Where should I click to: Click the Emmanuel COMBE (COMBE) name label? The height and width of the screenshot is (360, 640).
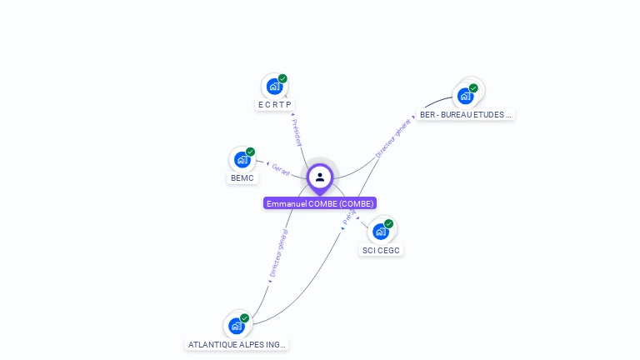[x=320, y=203]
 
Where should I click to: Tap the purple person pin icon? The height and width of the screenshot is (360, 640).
[x=320, y=177]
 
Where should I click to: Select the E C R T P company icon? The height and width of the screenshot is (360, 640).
[x=274, y=87]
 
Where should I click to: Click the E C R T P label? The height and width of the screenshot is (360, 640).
[x=275, y=105]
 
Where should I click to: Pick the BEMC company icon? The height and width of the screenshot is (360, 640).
[x=242, y=160]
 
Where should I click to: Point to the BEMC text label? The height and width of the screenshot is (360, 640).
[x=242, y=178]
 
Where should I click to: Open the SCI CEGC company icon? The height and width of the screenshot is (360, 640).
[x=381, y=232]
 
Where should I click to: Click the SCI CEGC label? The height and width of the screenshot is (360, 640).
[x=382, y=250]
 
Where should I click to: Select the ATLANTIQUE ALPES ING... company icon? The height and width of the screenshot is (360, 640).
[x=237, y=326]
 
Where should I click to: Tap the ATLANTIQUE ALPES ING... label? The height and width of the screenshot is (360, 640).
[x=237, y=344]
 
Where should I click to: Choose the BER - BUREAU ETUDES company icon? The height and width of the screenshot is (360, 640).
[x=465, y=96]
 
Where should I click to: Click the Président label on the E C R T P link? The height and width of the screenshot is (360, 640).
[x=297, y=131]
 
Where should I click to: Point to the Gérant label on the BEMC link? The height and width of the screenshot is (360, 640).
[x=281, y=170]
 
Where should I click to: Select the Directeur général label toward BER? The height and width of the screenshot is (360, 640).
[x=393, y=137]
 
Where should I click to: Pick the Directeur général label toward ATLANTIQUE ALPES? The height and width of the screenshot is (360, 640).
[x=278, y=253]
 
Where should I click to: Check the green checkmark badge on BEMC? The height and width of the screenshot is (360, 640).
[x=250, y=152]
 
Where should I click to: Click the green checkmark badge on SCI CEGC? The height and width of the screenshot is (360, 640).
[x=388, y=223]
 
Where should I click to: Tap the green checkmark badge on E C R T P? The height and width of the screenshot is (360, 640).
[x=282, y=78]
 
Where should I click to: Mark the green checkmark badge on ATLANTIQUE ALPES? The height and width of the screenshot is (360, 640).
[x=244, y=317]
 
